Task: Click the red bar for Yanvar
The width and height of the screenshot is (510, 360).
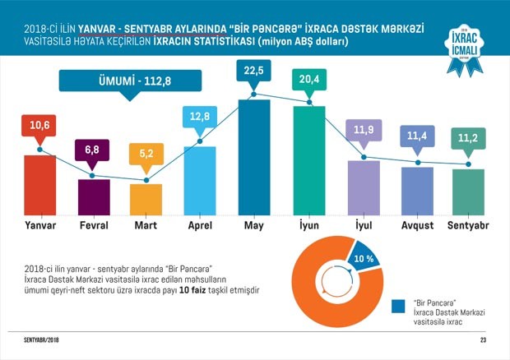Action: point(39,183)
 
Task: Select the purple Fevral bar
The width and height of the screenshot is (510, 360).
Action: point(93,196)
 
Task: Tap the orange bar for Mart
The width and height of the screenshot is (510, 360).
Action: point(146,198)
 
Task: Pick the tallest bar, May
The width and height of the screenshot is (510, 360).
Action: point(254,156)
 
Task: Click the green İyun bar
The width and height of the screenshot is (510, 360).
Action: point(308,159)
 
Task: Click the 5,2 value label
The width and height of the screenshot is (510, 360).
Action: point(146,150)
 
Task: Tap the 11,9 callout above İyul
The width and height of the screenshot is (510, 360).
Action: point(363,132)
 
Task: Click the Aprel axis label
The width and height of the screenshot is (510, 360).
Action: point(200,223)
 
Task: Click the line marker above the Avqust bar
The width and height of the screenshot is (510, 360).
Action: point(417,162)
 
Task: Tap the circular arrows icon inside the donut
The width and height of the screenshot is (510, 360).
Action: point(339,284)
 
